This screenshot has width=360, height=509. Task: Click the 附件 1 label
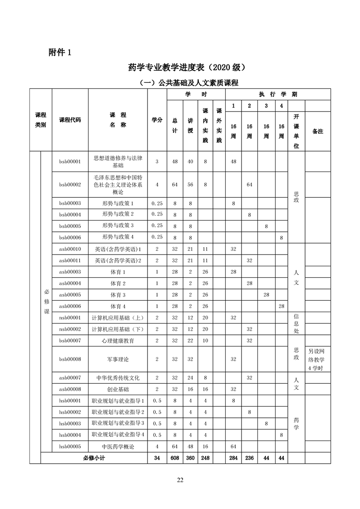59,53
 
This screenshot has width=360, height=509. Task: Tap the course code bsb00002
70,185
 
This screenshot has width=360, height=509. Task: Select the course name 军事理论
118,359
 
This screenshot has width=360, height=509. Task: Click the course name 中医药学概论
118,446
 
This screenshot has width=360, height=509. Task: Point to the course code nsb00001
70,318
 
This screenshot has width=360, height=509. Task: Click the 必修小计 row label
94,458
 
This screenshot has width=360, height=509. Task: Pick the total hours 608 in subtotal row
174,458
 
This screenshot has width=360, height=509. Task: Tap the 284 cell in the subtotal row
233,458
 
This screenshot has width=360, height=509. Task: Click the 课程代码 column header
70,120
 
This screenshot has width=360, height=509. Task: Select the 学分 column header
157,120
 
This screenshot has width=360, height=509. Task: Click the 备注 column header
318,131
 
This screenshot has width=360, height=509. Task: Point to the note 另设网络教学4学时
318,359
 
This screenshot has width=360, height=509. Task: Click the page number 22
180,480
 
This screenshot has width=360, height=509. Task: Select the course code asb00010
70,249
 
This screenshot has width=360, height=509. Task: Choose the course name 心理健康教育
118,340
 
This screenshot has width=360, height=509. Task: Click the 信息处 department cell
296,323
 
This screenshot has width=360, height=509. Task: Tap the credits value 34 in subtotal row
157,458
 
